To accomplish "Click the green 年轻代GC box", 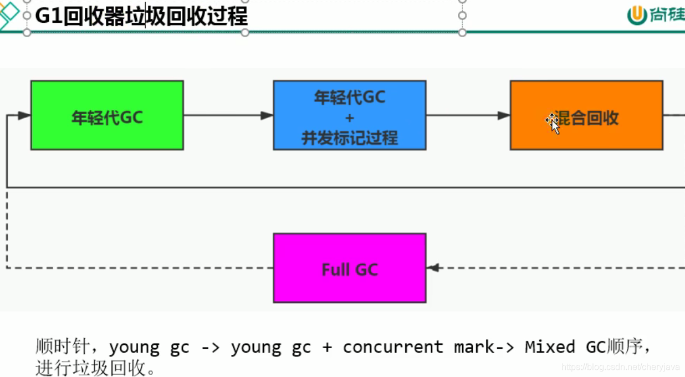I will point(107,115).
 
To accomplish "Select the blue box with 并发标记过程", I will point(349,115).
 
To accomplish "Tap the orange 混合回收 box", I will point(586,115).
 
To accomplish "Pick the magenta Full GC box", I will point(349,268).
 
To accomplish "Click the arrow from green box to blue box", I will point(228,115).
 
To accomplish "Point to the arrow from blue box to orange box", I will point(468,115).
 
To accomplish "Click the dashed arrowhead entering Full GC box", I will point(433,268).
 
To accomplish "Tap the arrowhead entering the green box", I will point(24,115).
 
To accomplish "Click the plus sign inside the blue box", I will point(349,118).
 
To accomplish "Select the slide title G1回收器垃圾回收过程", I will point(141,16).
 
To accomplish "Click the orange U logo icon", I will point(637,16).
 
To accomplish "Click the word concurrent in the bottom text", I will point(392,347).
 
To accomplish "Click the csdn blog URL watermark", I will point(620,367).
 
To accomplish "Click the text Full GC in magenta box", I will point(349,270).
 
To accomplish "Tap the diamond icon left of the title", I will point(9,14).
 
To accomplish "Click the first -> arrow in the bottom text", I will point(210,348).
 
